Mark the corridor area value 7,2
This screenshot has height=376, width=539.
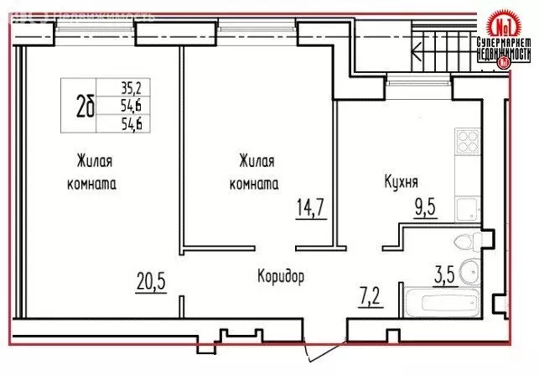coord(371,294)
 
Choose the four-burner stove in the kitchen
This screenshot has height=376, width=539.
coord(466,142)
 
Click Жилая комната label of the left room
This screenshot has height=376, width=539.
coord(94,171)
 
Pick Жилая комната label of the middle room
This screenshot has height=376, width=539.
coord(257,171)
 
